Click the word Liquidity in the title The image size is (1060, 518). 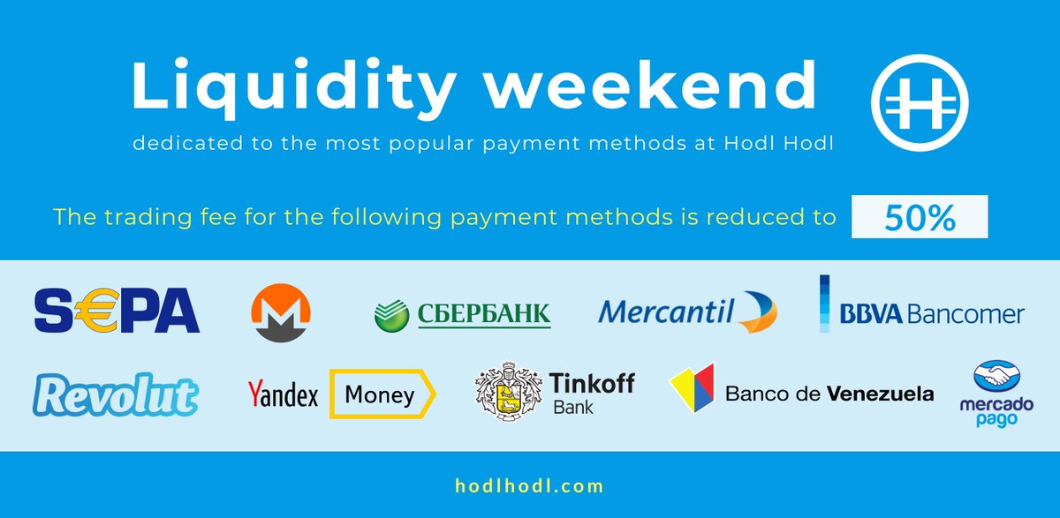(x=293, y=88)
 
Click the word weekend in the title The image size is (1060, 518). (x=651, y=85)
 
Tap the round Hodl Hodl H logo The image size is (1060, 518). (x=920, y=102)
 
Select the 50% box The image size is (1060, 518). (x=920, y=216)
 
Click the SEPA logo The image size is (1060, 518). (x=117, y=310)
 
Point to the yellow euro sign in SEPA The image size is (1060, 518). (x=97, y=310)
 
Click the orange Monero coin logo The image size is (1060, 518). (x=281, y=312)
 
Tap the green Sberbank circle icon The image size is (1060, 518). (x=392, y=315)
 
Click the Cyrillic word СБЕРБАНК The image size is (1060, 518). (x=484, y=314)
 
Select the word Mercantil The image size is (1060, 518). (x=666, y=312)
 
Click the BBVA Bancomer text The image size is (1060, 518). (x=932, y=314)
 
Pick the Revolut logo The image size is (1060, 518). (x=116, y=395)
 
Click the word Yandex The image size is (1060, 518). (x=283, y=394)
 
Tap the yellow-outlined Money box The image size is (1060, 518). (x=382, y=394)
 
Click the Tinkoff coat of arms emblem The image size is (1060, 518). (x=508, y=391)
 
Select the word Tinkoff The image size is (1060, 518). (x=592, y=383)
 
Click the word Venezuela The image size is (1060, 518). (x=881, y=394)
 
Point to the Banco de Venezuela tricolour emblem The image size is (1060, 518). (x=693, y=387)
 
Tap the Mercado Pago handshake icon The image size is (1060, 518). (x=996, y=376)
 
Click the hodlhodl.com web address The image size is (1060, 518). (x=529, y=486)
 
